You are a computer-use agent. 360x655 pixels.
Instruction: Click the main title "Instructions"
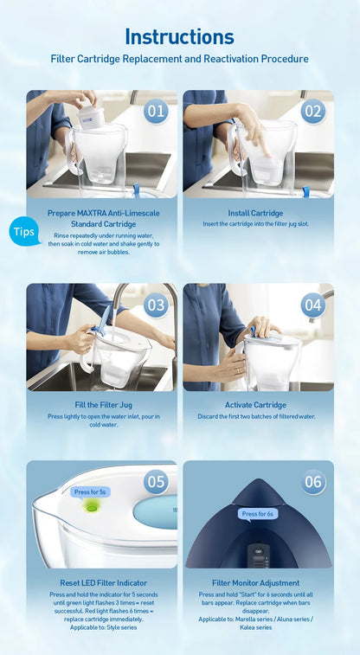tap(179, 36)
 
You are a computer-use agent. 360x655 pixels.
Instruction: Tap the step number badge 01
tap(156, 111)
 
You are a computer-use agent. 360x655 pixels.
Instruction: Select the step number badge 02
tap(312, 111)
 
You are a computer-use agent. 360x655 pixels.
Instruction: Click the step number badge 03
tap(156, 305)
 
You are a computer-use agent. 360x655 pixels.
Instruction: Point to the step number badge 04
tap(312, 305)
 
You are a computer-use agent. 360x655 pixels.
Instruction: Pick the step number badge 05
tap(156, 482)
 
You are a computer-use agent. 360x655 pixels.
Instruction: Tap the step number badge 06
tap(312, 482)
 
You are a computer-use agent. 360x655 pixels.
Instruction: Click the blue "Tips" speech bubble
tap(24, 232)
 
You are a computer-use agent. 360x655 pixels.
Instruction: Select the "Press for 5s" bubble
tap(90, 491)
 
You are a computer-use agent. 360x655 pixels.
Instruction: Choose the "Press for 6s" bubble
tap(258, 514)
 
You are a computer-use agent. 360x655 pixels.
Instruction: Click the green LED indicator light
tap(90, 508)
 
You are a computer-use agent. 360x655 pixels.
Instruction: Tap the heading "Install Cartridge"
tap(254, 213)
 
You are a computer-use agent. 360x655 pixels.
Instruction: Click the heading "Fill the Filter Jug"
tap(102, 405)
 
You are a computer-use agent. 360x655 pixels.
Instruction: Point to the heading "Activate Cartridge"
tap(256, 405)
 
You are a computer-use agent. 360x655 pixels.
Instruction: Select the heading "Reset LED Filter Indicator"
tap(102, 583)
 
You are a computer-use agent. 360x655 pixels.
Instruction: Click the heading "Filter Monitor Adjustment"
tap(256, 583)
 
